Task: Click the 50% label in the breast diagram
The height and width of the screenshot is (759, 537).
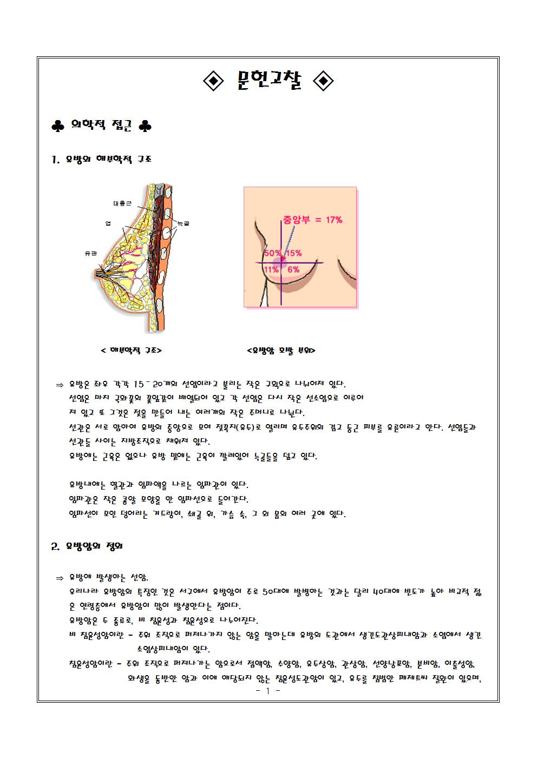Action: (x=272, y=253)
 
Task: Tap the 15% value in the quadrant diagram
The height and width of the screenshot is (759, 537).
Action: (x=294, y=253)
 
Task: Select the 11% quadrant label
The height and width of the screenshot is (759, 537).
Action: (x=271, y=269)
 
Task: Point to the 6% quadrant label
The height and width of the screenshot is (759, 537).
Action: (x=293, y=269)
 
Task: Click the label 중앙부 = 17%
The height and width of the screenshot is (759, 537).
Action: (x=312, y=220)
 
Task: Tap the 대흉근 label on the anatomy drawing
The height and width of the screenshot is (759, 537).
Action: (x=122, y=204)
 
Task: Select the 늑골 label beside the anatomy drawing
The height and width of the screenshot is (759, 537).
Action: (x=183, y=222)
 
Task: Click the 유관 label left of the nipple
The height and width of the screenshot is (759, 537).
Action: (x=90, y=253)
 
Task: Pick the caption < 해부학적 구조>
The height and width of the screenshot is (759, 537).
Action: (x=132, y=351)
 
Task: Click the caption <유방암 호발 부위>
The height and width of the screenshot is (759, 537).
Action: (x=281, y=351)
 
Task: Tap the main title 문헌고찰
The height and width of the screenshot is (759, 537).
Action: (x=268, y=81)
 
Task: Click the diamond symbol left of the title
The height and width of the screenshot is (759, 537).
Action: (x=213, y=82)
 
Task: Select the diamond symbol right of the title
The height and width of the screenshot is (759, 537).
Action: (x=324, y=82)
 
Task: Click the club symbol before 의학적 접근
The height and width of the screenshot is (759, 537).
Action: (x=57, y=127)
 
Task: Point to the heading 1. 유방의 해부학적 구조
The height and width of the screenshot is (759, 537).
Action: (x=101, y=160)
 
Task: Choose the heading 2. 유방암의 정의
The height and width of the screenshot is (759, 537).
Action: (x=87, y=546)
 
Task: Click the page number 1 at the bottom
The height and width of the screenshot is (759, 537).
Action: (x=267, y=691)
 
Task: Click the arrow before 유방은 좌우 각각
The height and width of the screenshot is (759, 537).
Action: (x=60, y=385)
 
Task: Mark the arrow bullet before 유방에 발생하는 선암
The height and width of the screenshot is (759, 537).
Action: (x=60, y=578)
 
